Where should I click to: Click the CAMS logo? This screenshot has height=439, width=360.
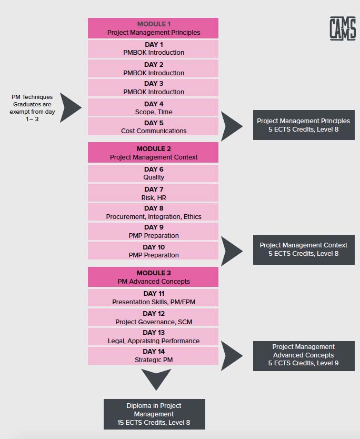[343, 28]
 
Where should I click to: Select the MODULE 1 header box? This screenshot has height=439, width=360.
[153, 28]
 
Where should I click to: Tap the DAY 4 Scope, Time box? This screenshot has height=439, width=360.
[153, 107]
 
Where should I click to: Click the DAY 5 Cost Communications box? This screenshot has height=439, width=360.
[153, 126]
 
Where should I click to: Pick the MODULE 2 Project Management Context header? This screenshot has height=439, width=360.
[153, 153]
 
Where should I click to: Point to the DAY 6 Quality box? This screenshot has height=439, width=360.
[153, 173]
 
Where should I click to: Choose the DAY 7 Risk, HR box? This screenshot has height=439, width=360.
[153, 193]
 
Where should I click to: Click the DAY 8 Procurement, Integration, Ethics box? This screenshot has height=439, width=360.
[153, 212]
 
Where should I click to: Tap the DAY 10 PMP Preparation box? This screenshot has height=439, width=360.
[153, 251]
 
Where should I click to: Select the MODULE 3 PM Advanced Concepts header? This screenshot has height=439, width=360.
[153, 277]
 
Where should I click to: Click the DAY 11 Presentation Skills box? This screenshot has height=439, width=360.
[153, 297]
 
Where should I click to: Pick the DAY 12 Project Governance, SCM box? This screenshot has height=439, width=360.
[153, 317]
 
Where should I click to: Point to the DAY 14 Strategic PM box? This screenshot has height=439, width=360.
[153, 355]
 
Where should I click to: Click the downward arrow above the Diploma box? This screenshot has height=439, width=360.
[156, 378]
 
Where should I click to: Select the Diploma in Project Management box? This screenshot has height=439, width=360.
[154, 414]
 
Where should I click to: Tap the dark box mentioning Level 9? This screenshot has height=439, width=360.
[304, 356]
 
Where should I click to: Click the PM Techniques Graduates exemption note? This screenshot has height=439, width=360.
[32, 108]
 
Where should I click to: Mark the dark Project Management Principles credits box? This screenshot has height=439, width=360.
[304, 125]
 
